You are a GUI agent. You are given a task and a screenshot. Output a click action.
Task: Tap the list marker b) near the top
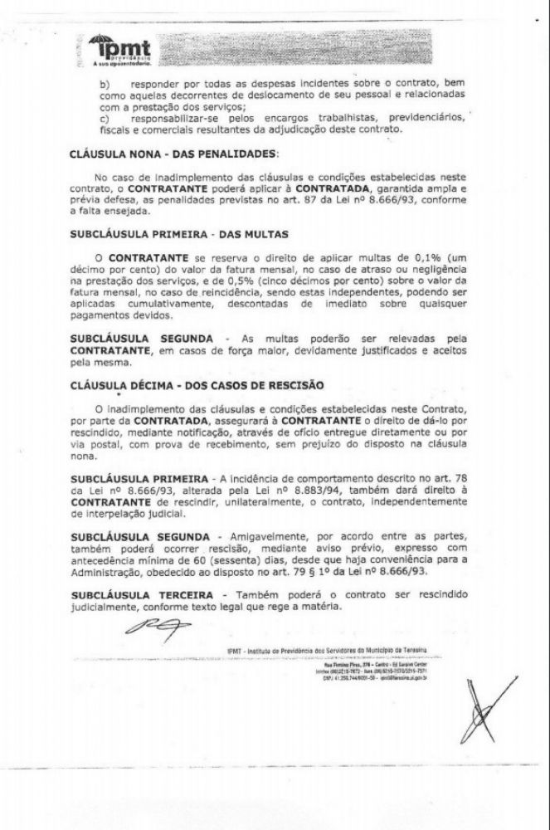pos(104,84)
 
